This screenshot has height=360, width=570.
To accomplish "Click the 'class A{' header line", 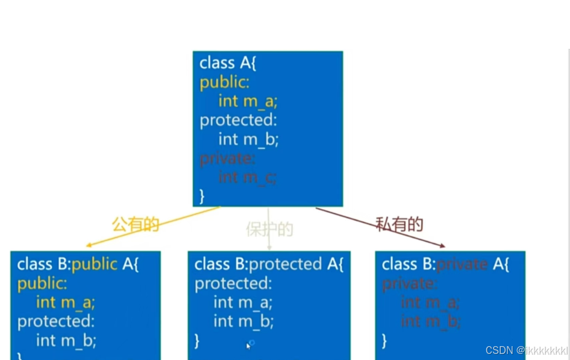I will point(228,63).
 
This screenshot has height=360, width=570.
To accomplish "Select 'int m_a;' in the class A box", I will point(248,101).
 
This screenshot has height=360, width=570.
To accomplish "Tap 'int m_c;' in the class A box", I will point(248,177).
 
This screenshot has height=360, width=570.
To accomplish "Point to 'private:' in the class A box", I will point(227,158).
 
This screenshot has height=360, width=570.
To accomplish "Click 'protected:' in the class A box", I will point(237,120).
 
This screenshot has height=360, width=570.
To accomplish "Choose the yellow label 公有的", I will point(136,225).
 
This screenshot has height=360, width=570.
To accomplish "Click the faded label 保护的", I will point(269,229).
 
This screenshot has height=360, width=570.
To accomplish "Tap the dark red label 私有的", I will point(399,225).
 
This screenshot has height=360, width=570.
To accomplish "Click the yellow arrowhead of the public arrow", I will point(89,245).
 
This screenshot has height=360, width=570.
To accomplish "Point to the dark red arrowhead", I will point(442,245).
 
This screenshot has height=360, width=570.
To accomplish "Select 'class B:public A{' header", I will point(78,264).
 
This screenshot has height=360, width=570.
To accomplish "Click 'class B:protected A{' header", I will point(269,264).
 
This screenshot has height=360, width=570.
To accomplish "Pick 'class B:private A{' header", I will point(445,264).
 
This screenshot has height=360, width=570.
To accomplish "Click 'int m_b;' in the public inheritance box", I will point(66,340).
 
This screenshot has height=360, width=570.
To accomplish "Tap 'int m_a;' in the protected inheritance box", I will point(243,302).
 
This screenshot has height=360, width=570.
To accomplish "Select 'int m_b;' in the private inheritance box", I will point(431,321).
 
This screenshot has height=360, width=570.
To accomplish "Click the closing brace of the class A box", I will point(202,196).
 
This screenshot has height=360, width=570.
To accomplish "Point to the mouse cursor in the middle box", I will point(248,346).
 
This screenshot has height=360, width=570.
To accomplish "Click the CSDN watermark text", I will point(526,350).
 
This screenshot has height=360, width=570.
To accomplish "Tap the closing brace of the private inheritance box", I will point(384,341).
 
